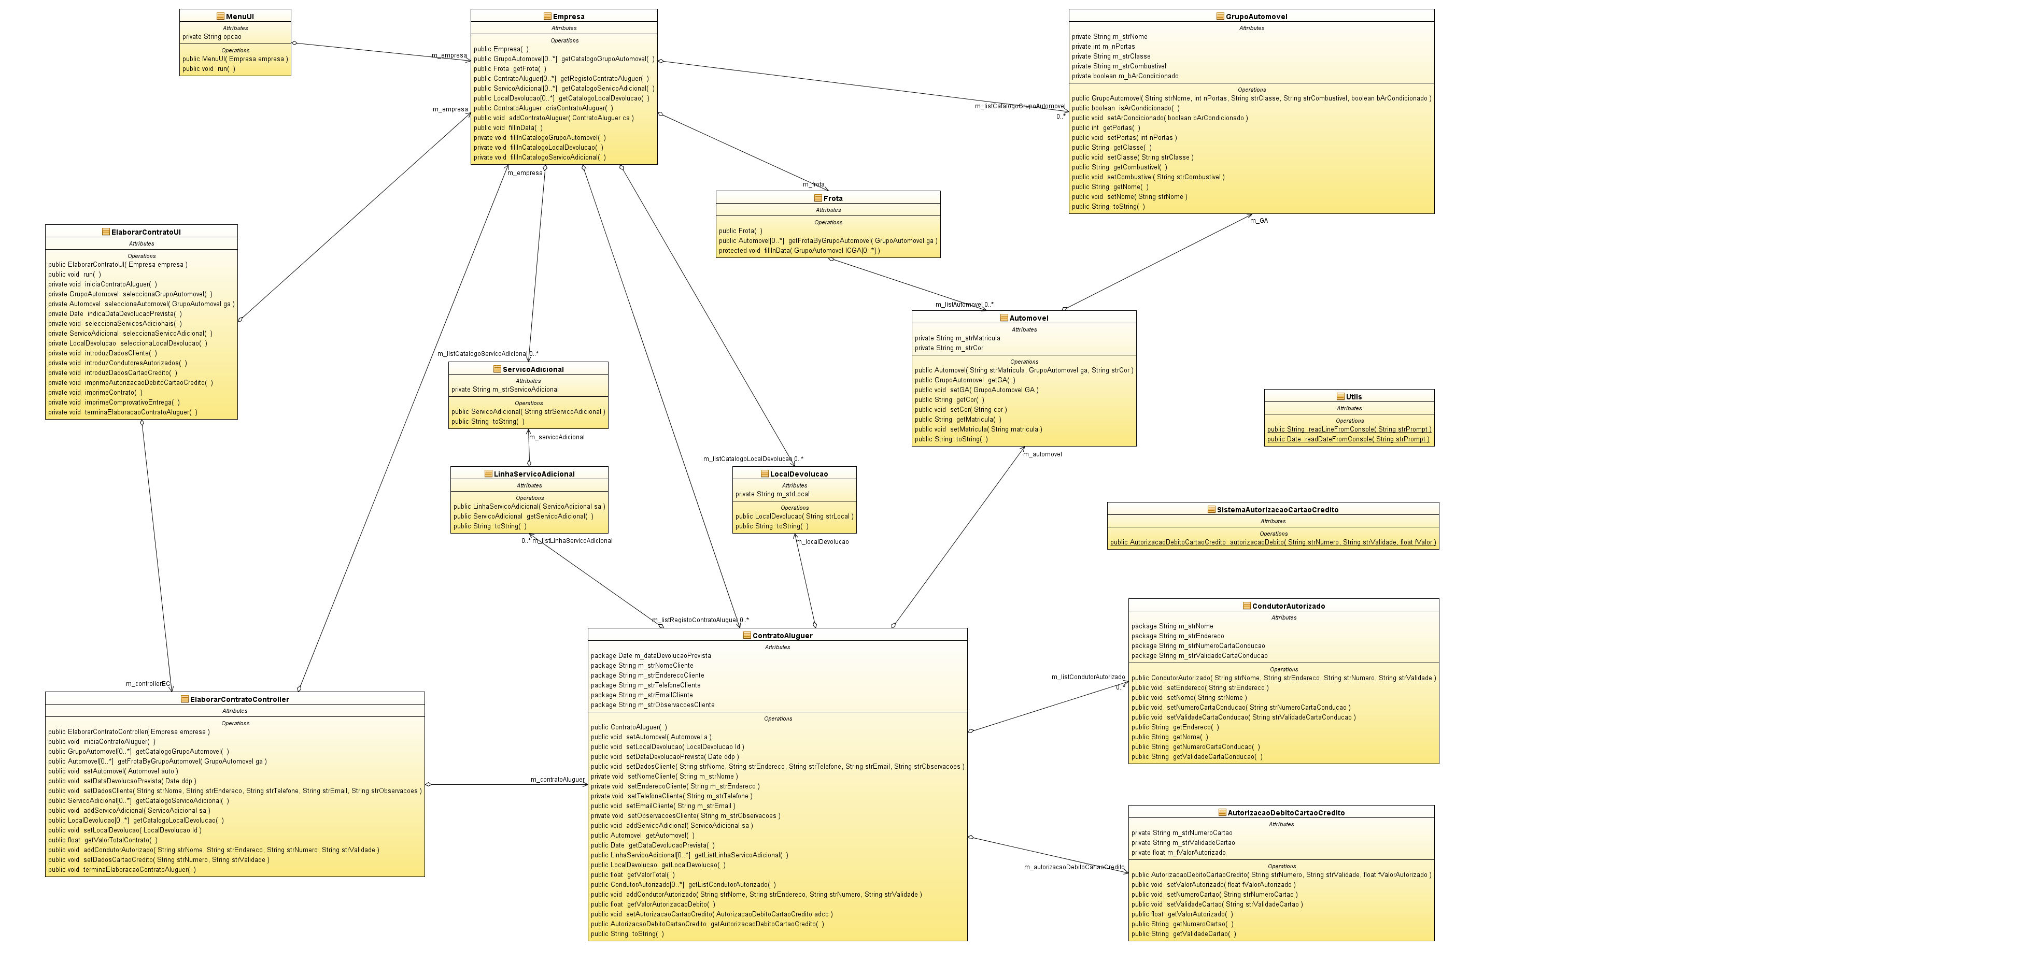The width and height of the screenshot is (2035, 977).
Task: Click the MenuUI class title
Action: click(x=239, y=17)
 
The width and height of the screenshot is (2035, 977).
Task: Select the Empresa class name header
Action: click(x=568, y=17)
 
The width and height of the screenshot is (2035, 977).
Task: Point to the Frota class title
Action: click(x=832, y=198)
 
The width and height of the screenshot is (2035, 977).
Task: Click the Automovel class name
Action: click(x=1028, y=318)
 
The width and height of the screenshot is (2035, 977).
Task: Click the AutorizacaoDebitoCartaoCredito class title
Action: click(x=1285, y=813)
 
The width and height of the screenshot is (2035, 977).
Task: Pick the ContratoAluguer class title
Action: click(x=782, y=636)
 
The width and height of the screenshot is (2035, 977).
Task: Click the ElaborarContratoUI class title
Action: click(x=145, y=232)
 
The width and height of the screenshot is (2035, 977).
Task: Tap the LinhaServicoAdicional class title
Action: click(x=534, y=474)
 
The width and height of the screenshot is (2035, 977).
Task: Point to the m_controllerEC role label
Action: click(x=148, y=684)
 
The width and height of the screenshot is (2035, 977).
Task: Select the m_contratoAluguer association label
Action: click(x=557, y=780)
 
